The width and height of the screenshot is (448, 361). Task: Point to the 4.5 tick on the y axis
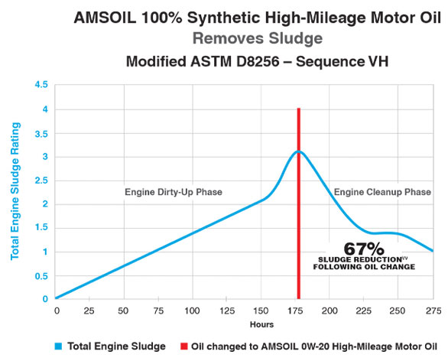(40, 85)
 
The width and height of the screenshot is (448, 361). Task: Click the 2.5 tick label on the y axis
(40, 180)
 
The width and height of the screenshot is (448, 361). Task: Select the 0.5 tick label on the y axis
(40, 275)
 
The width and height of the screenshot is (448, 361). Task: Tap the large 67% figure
(364, 248)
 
